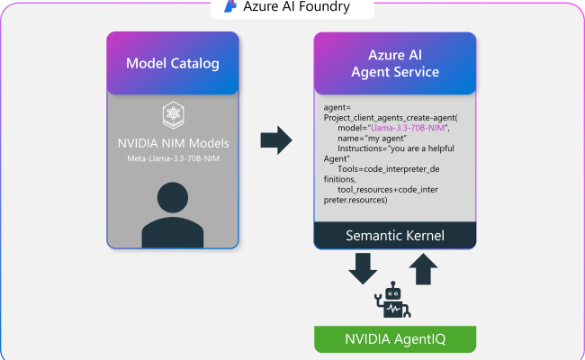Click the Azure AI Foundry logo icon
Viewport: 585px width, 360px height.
(x=230, y=8)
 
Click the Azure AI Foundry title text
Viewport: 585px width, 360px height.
(x=296, y=8)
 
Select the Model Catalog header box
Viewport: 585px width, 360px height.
(x=173, y=63)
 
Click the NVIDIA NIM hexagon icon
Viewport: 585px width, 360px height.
(x=173, y=114)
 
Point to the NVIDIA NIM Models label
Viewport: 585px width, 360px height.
(x=173, y=143)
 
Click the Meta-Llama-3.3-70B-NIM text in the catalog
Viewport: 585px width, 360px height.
(x=173, y=159)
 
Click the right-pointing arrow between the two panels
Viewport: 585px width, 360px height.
(x=276, y=140)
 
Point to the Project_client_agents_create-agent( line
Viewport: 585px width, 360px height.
(x=391, y=118)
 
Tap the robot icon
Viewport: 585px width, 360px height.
(x=394, y=301)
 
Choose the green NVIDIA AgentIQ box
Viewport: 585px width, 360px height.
(x=394, y=339)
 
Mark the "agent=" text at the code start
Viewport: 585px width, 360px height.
(x=337, y=108)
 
